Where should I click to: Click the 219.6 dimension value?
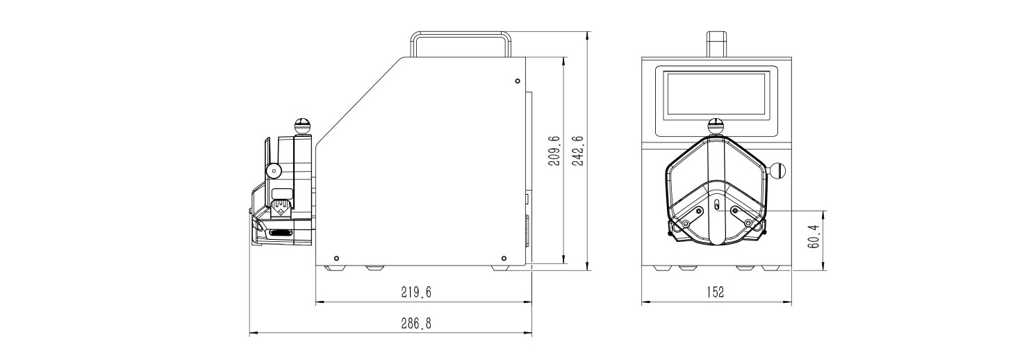(x=416, y=293)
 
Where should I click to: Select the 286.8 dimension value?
(x=416, y=324)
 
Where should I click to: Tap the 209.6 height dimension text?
(x=554, y=151)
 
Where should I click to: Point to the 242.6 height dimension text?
(x=578, y=151)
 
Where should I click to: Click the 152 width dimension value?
(x=716, y=292)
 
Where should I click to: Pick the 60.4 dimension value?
(x=814, y=236)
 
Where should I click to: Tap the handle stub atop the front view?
(x=716, y=44)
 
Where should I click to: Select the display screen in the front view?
(x=717, y=93)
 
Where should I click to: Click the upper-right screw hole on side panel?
(x=518, y=81)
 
